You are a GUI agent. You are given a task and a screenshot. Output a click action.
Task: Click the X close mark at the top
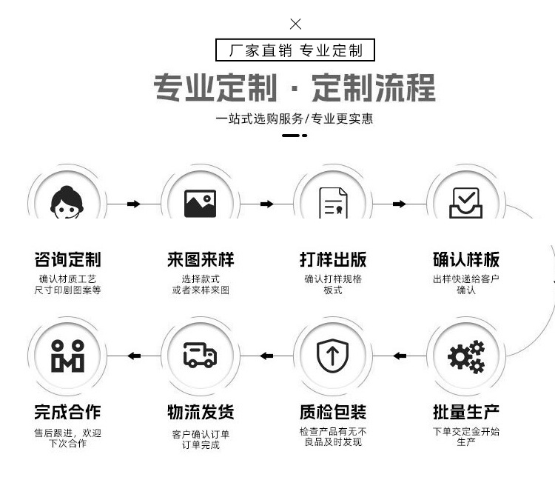pos(295,24)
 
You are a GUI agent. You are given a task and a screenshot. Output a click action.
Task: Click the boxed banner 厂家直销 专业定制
pos(295,50)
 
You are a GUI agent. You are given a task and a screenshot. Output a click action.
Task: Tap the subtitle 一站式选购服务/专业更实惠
pos(295,119)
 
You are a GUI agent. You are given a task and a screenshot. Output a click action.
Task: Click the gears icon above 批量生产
pos(466,356)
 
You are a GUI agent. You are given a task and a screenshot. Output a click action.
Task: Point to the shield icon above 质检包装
pos(333,356)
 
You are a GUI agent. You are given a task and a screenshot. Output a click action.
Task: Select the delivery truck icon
pos(200,356)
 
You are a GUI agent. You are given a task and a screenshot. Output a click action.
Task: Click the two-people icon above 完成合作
pos(67,356)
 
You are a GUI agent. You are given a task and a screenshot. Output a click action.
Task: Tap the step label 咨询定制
pos(67,260)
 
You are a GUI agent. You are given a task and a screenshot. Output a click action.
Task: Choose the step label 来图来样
pos(200,260)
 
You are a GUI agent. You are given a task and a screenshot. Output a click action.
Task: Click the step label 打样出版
pos(333,260)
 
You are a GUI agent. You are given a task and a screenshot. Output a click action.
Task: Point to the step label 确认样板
pos(466,260)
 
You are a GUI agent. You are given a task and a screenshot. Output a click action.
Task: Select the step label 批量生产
pos(466,412)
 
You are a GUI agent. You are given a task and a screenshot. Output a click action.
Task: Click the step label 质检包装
pos(333,412)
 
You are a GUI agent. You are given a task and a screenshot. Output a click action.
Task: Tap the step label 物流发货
pos(200,412)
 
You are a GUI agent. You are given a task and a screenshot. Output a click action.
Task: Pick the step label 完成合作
pos(67,412)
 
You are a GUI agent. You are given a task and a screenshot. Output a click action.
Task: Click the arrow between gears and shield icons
pos(400,356)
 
